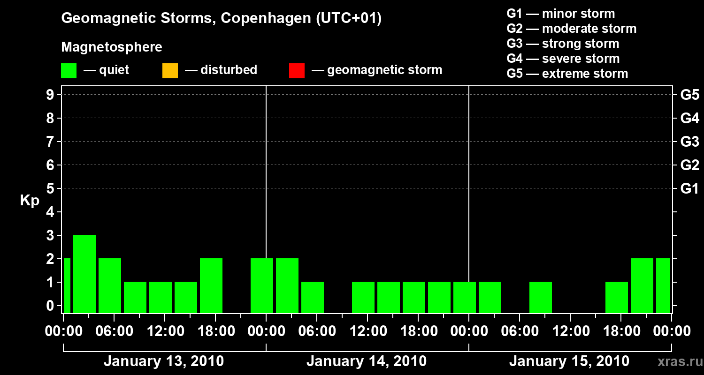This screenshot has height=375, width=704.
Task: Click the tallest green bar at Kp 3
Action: point(84,273)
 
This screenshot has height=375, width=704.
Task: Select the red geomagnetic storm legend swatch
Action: point(297,70)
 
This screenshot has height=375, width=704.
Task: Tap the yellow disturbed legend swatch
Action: point(170,70)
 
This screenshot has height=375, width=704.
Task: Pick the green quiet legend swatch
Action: point(69,70)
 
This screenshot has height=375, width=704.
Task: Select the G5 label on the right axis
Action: point(689,95)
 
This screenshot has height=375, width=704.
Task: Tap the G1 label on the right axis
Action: point(689,189)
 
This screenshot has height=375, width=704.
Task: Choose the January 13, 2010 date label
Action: point(163,361)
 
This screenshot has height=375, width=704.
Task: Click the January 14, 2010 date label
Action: point(366,361)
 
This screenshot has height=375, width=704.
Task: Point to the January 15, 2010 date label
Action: point(569,361)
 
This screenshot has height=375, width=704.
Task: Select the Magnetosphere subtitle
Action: point(112,47)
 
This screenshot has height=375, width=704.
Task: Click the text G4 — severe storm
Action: point(563,59)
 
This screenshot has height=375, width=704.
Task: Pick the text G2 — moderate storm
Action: point(571,29)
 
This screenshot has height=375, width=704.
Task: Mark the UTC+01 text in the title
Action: point(349,18)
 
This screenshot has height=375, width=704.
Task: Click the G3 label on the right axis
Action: point(689,142)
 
